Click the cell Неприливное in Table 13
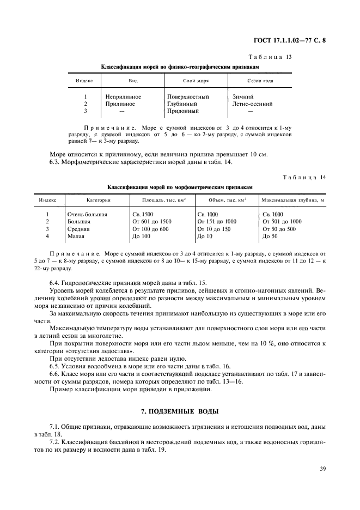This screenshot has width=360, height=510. click(123, 96)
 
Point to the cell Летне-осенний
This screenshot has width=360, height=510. click(252, 104)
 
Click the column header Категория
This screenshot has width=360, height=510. click(83, 200)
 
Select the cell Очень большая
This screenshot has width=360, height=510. click(87, 215)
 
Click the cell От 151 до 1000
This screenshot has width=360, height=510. click(216, 222)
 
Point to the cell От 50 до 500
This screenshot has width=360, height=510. click(279, 229)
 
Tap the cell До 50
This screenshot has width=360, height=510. click(270, 236)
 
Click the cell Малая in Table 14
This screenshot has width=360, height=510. click(76, 236)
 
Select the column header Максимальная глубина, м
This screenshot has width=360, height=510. click(292, 200)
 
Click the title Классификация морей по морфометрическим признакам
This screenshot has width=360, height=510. click(180, 187)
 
